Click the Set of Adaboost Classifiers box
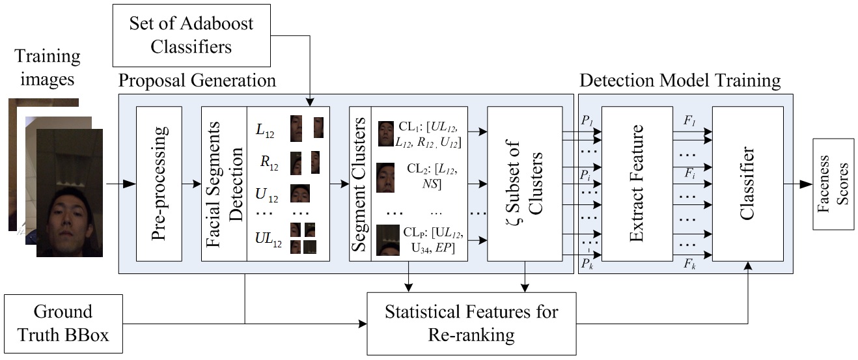[x=191, y=35]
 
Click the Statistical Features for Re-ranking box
[x=471, y=323]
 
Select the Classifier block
[x=747, y=184]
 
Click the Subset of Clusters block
[x=524, y=184]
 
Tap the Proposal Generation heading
[x=197, y=81]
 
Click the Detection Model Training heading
[x=680, y=81]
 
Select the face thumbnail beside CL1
[x=385, y=133]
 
